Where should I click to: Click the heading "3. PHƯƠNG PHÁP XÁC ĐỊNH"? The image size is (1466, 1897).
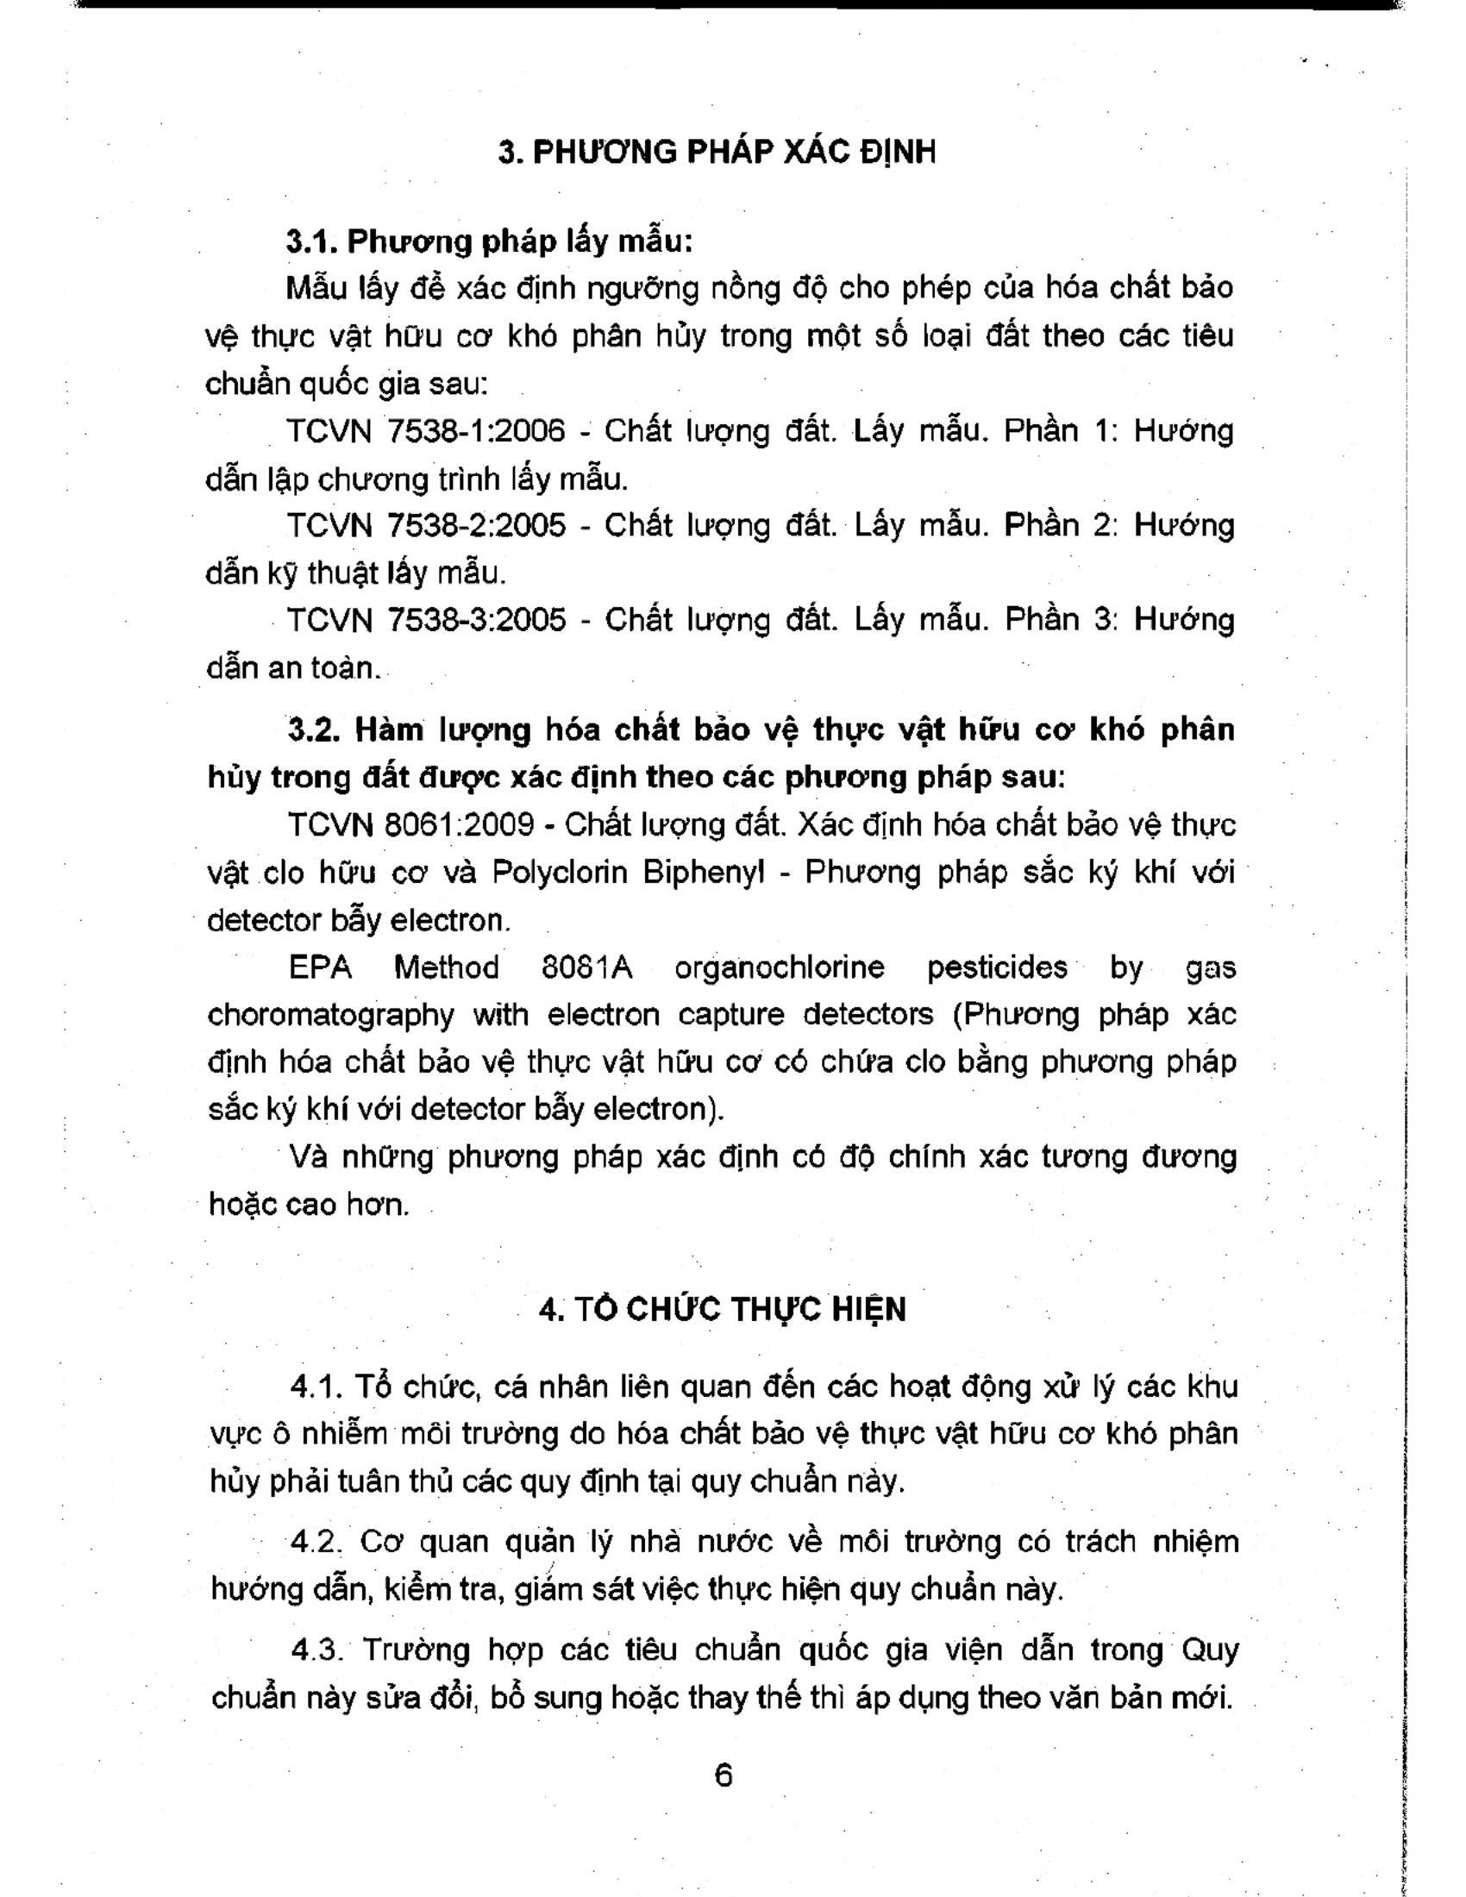tap(717, 152)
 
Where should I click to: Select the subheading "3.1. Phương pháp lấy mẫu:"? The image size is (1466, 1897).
tap(490, 241)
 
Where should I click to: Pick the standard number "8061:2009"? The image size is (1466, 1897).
tap(459, 824)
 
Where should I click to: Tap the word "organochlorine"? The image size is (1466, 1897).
tap(783, 967)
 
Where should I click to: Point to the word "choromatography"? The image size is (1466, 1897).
tap(331, 1015)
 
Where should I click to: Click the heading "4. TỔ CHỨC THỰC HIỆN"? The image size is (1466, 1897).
tap(722, 1309)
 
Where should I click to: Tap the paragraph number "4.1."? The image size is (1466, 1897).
tap(314, 1387)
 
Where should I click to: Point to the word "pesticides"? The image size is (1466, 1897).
tap(997, 967)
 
